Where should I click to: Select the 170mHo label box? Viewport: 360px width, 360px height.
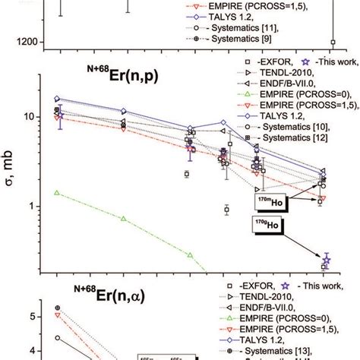(268, 201)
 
